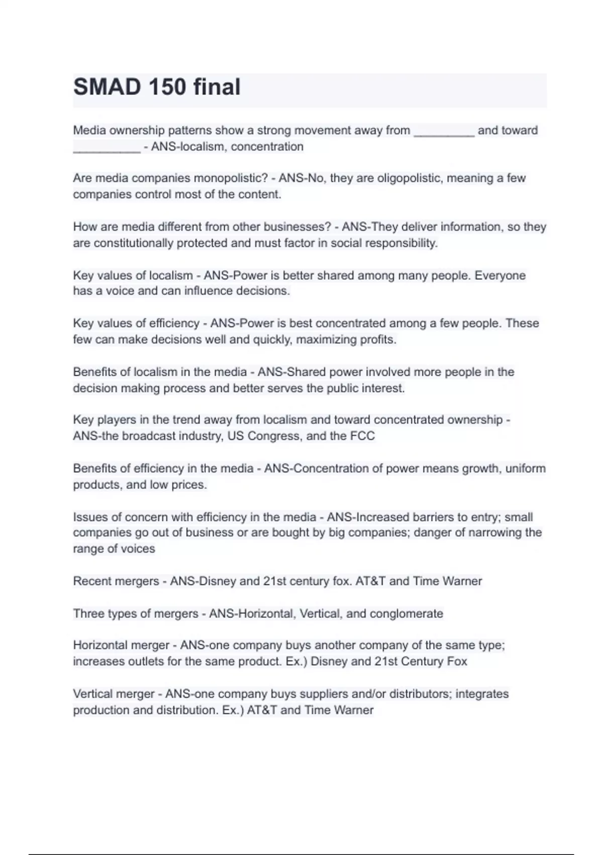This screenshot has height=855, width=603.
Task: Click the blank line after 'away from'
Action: coord(444,132)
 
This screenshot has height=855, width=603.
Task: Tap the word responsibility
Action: coord(401,243)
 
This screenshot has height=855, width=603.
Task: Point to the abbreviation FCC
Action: coord(362,436)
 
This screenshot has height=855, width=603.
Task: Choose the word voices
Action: coord(138,549)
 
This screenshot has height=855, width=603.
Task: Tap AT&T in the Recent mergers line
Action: coord(370,581)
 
